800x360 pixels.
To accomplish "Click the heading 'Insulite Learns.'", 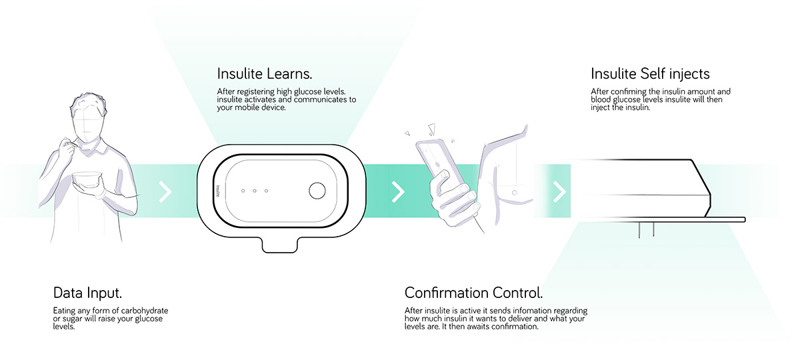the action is point(265,73).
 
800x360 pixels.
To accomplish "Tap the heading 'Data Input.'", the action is point(87,293).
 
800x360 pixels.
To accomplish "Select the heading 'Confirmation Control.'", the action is point(473,293).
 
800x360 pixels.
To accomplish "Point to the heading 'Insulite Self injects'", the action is point(650,74).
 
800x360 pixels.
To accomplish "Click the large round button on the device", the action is point(317,191).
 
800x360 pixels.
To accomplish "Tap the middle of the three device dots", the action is point(255,191).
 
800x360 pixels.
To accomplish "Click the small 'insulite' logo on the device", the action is point(218,191).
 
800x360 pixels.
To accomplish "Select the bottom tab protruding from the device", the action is point(279,245).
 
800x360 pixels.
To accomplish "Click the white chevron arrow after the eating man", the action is point(165,192).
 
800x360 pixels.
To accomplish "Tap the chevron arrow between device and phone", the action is point(398,192).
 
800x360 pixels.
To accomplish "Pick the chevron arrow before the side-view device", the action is point(559,192).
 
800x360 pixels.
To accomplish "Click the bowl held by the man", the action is point(87,179).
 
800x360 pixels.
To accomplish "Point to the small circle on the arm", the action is point(514,193).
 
